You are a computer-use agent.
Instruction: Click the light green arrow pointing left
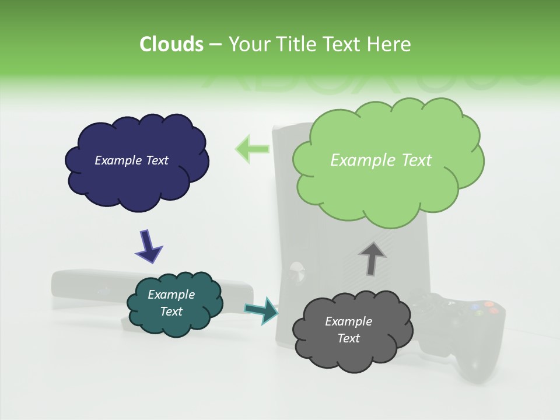[251, 149]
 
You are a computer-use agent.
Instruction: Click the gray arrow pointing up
[372, 258]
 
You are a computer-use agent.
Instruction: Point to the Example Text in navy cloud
[131, 160]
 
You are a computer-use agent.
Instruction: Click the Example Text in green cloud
[381, 160]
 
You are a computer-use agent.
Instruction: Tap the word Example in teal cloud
[171, 295]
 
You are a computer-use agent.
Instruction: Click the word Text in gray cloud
[348, 338]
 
